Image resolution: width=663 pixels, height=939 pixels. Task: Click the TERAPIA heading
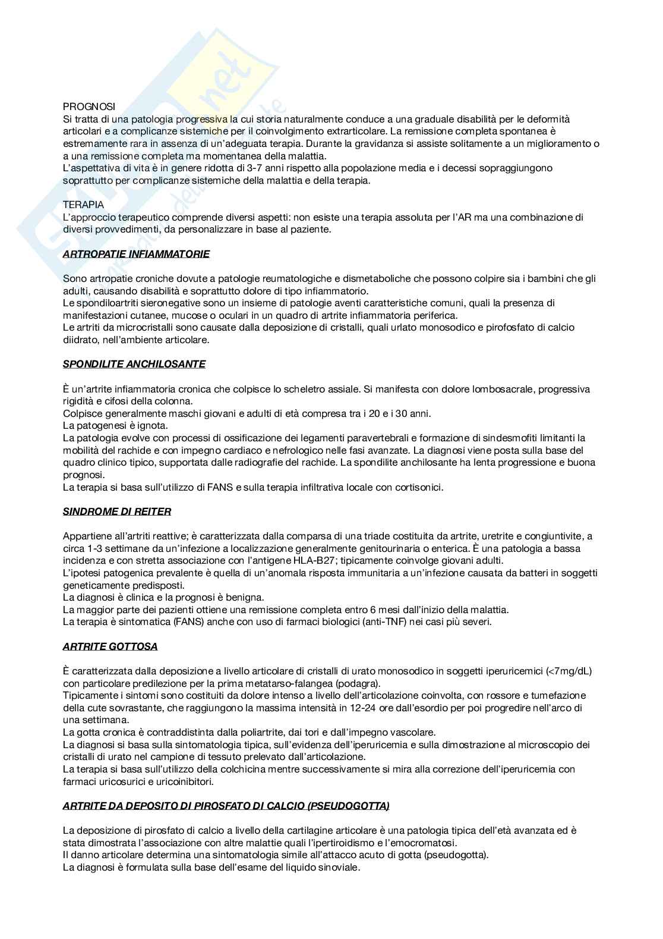click(x=83, y=205)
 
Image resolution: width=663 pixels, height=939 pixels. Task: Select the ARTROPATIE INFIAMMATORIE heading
click(x=136, y=254)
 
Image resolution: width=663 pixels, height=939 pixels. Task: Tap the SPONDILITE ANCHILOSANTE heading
click(x=134, y=364)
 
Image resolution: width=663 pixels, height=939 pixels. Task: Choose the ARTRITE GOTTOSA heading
click(x=110, y=646)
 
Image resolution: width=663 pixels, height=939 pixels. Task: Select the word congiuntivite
click(x=550, y=536)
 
